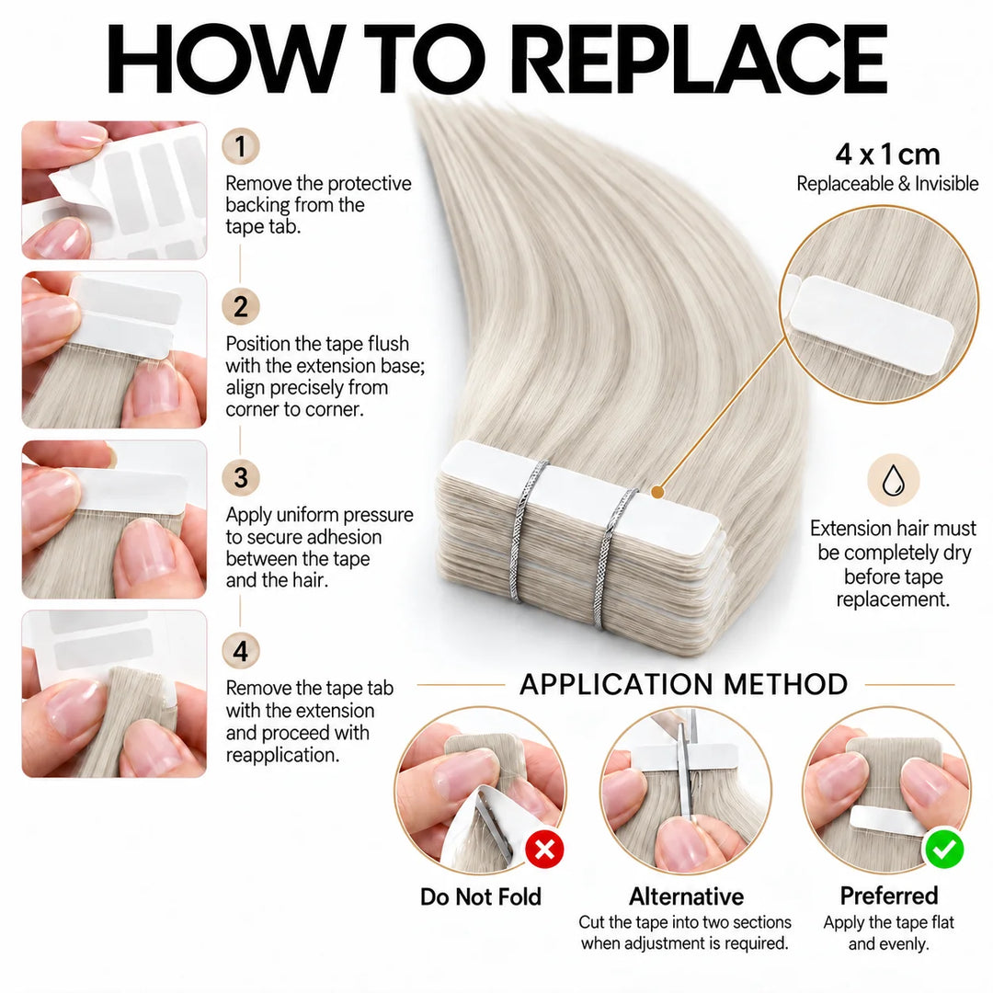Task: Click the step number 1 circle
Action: click(x=241, y=146)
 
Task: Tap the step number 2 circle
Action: click(x=241, y=307)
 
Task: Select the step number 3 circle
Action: click(x=241, y=477)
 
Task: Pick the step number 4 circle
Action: click(x=241, y=651)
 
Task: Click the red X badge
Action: click(x=544, y=850)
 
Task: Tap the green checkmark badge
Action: click(x=944, y=850)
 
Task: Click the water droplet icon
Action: click(x=893, y=480)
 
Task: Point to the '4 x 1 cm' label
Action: click(x=887, y=154)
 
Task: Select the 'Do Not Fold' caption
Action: click(x=481, y=896)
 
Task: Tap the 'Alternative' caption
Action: click(x=687, y=896)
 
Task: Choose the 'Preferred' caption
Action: click(x=889, y=896)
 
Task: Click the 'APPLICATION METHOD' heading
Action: click(x=684, y=685)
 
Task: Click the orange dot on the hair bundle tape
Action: click(x=657, y=491)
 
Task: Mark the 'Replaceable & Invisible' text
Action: click(x=887, y=184)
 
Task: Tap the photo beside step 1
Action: click(x=114, y=190)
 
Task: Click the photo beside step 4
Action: click(x=114, y=694)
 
